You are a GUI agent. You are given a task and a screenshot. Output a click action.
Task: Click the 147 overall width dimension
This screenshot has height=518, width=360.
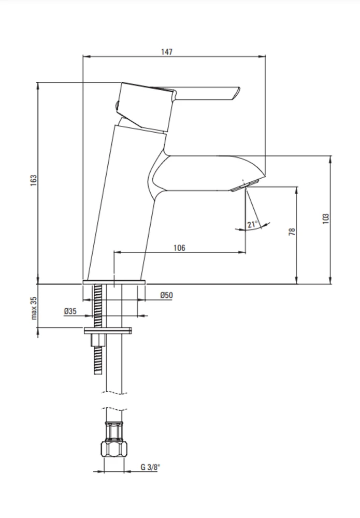pos(167,52)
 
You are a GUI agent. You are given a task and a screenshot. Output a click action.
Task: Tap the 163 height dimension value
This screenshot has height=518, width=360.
pos(34,180)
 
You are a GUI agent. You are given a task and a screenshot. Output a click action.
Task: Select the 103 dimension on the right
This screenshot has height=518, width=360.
pos(326,219)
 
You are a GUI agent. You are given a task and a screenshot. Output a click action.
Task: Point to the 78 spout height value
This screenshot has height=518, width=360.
pos(292,231)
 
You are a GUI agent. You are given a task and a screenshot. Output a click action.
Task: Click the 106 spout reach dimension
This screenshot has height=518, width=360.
pos(179,248)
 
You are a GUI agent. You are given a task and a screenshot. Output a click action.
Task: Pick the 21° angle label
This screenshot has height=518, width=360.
pos(253,224)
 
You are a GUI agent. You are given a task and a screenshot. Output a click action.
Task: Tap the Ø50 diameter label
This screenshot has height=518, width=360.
pos(166,295)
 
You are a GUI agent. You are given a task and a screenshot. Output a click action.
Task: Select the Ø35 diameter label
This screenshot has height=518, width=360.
pos(70,311)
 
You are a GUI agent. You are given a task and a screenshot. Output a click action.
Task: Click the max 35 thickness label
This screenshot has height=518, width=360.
pos(34,308)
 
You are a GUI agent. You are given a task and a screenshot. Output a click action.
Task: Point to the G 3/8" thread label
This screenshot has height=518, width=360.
pos(150,467)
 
